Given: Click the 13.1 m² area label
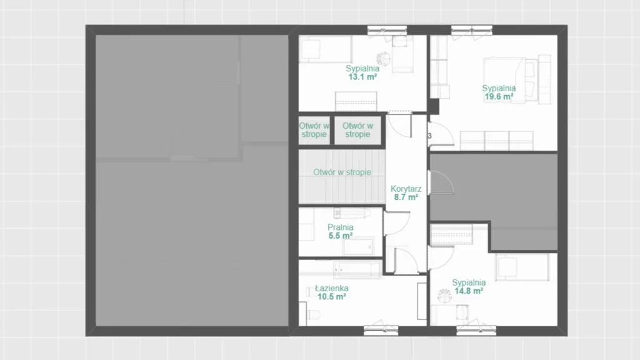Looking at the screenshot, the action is point(362,77).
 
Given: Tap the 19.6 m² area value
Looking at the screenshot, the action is point(499,97).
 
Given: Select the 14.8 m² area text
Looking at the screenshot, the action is point(469,291).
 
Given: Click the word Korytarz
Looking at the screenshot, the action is point(406,189).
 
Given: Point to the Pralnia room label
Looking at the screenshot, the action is point(341,227).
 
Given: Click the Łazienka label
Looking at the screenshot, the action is point(332,289).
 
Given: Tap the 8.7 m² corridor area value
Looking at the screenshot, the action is point(406,197).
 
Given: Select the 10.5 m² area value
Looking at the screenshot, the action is point(332,297).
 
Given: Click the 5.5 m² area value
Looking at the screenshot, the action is point(341,236).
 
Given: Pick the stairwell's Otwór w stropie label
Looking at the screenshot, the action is point(342,172).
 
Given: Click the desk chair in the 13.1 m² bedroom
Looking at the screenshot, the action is point(383,58).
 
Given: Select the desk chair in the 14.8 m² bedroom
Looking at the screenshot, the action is point(444,295).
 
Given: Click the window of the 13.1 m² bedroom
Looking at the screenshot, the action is point(387,30).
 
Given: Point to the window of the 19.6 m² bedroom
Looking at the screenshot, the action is point(471,30).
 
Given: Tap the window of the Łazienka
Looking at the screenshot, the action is point(381,330).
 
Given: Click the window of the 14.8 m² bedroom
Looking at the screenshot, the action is point(476,330).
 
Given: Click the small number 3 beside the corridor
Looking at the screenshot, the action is point(429,136).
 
